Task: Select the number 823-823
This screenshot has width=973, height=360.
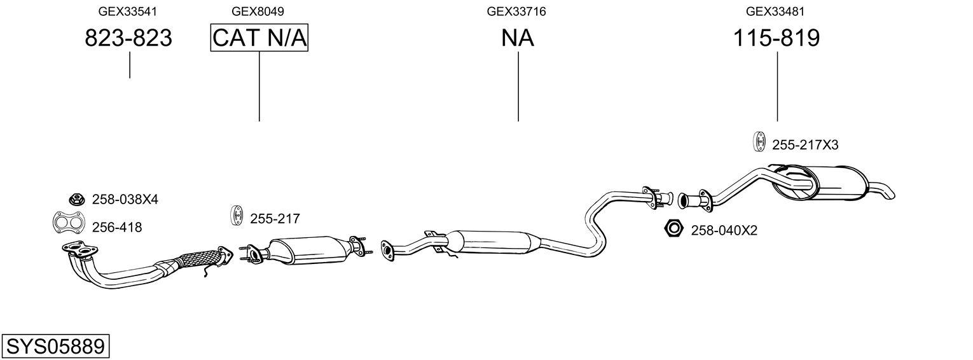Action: [x=128, y=38]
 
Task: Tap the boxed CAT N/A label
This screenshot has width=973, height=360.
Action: [x=259, y=38]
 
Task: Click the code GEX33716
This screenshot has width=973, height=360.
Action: [x=516, y=11]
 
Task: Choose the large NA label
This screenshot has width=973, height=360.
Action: [x=518, y=38]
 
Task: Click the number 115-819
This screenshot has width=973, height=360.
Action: [x=776, y=38]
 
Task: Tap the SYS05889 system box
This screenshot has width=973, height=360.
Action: [x=55, y=347]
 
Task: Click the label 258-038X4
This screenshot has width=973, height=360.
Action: [x=125, y=200]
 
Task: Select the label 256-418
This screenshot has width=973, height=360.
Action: [x=117, y=227]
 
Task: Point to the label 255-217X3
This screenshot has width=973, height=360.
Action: [x=805, y=146]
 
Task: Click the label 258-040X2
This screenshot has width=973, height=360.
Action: [x=724, y=230]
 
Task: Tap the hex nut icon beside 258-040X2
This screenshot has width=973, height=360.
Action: [x=673, y=228]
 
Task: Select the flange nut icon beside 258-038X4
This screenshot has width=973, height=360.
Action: [x=76, y=198]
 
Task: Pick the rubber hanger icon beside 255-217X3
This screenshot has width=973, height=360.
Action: [x=758, y=142]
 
